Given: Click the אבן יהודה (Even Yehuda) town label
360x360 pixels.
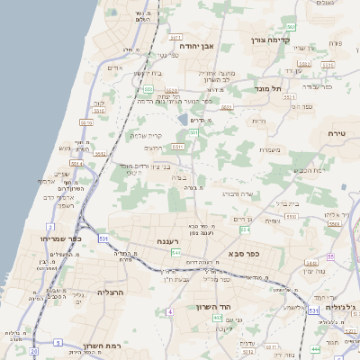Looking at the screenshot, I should [x=200, y=45].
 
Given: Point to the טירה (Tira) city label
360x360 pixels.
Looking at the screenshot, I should [x=337, y=133].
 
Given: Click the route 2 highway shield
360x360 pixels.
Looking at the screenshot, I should [x=50, y=227].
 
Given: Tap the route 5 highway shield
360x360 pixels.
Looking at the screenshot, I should [x=58, y=342].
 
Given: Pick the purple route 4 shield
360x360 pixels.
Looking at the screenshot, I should [x=169, y=311].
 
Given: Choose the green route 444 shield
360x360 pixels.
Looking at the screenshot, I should [x=315, y=348].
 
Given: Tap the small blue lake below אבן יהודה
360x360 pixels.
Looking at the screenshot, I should [x=184, y=119].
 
